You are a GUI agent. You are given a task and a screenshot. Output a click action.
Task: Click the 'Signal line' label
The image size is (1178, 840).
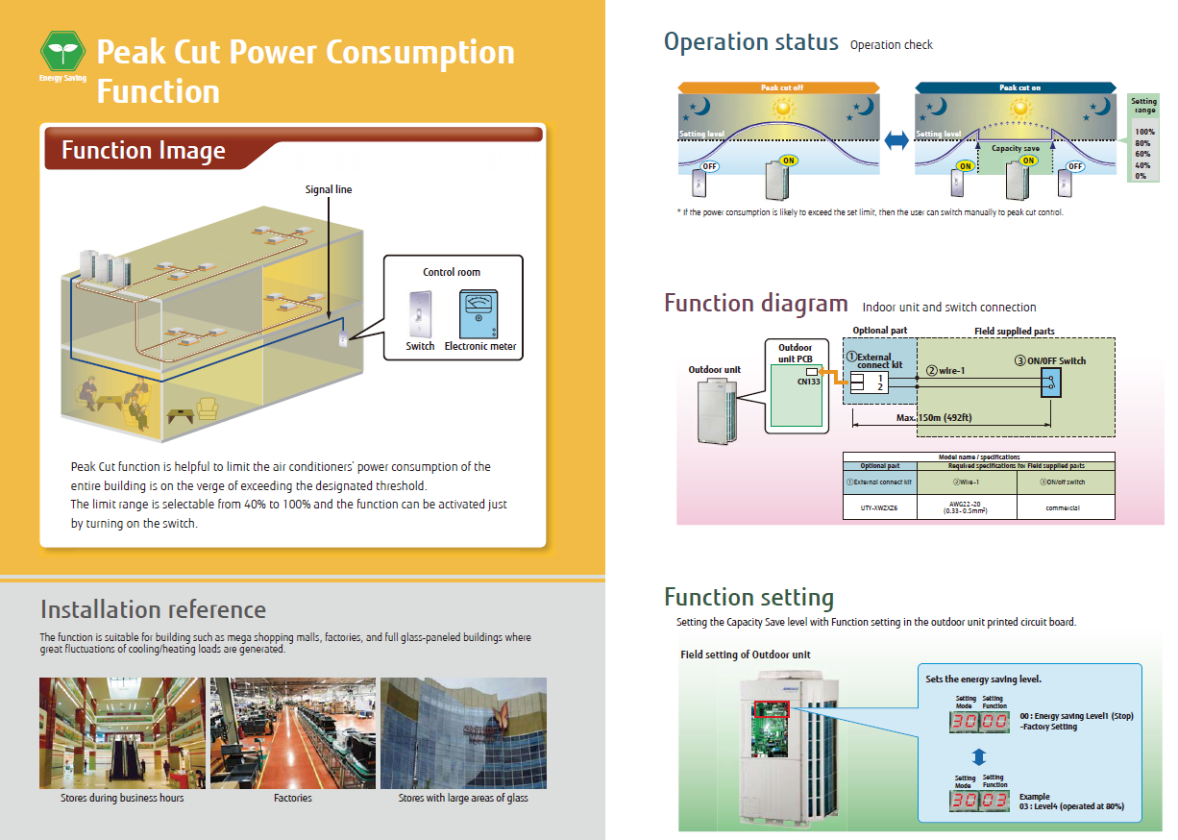(329, 189)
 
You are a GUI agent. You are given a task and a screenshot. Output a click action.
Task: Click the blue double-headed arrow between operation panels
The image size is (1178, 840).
(896, 141)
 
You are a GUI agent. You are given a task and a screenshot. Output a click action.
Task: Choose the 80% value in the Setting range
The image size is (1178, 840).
(1143, 143)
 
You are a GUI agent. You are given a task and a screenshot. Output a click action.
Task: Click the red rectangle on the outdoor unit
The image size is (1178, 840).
(771, 709)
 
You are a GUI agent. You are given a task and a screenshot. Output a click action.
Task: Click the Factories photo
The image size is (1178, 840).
(292, 733)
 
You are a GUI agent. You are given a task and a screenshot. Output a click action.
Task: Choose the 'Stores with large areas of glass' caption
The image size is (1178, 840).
(463, 798)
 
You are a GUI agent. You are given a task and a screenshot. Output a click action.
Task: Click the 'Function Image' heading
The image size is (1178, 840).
(143, 151)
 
